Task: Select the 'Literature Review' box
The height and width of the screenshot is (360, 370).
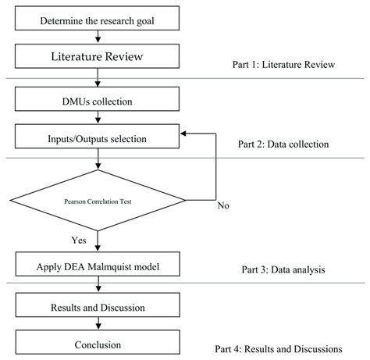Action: pyautogui.click(x=98, y=57)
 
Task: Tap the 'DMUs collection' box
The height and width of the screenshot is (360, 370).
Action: pyautogui.click(x=98, y=100)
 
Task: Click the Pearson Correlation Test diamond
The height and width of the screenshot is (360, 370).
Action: pyautogui.click(x=98, y=201)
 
